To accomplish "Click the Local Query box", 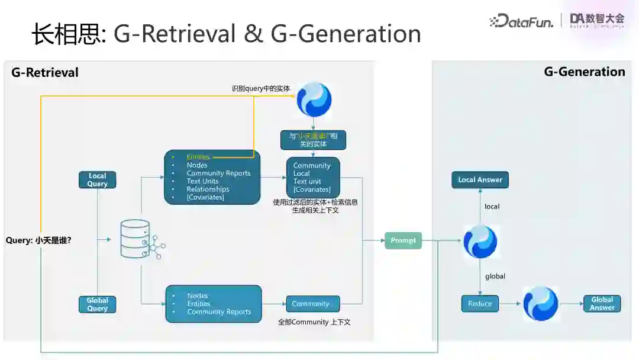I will tap(98, 180).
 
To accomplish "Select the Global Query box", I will tap(98, 304).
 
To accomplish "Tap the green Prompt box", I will tap(403, 240).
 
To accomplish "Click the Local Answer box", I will tap(480, 180).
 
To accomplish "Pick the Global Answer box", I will tap(602, 303).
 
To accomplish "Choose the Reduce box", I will tap(480, 304).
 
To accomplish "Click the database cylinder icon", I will tap(135, 239).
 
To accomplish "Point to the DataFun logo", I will tap(522, 21).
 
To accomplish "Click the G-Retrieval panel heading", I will tap(45, 72).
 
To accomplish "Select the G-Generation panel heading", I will tap(584, 72).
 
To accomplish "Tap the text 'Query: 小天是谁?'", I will tap(38, 240).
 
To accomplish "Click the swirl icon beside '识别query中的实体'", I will tap(314, 99).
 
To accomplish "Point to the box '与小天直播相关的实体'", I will tap(313, 140).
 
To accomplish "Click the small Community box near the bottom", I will tap(312, 304).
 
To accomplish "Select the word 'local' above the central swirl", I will tap(492, 207).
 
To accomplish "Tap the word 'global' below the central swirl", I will tap(495, 276).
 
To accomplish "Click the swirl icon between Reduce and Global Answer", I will tap(540, 304).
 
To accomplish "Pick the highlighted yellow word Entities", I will tap(198, 157).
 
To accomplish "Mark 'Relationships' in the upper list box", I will tap(208, 189).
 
